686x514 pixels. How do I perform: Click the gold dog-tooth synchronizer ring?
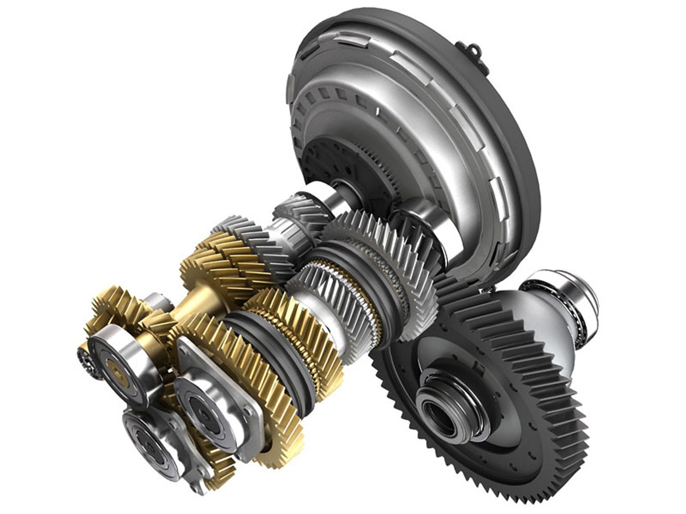tap(292, 334)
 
